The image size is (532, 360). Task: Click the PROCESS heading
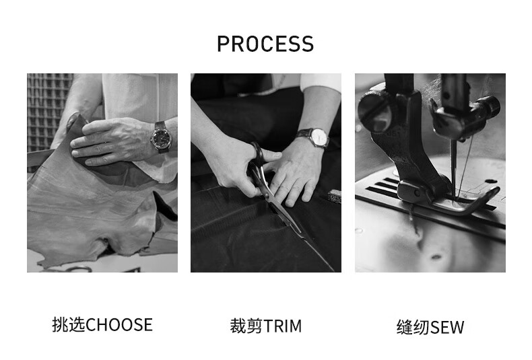pos(265,44)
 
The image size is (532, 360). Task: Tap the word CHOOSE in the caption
pos(119,325)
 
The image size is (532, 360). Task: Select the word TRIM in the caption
pos(282,326)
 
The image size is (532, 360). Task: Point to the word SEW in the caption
pos(447,328)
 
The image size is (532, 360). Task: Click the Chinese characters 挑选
pos(69,325)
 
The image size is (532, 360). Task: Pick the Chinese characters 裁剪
pos(246,326)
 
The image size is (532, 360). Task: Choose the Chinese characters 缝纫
pos(413,328)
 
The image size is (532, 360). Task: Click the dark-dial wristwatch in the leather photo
pos(162,137)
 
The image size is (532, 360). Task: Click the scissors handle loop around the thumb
pos(257,157)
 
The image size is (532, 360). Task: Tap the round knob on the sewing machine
pos(374,112)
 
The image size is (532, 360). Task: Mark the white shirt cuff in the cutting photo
pos(321,81)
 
